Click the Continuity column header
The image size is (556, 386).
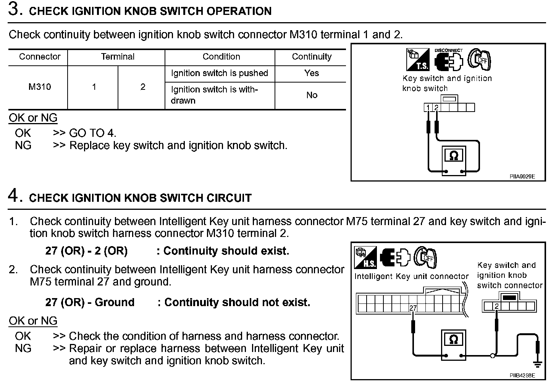pyautogui.click(x=312, y=57)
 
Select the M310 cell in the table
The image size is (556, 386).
pyautogui.click(x=40, y=87)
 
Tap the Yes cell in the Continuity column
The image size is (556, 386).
pyautogui.click(x=312, y=73)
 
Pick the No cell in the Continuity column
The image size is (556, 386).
pyautogui.click(x=312, y=95)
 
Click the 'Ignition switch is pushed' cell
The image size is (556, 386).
pyautogui.click(x=220, y=73)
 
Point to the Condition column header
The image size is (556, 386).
pyautogui.click(x=221, y=57)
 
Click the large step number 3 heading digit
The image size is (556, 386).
pyautogui.click(x=14, y=10)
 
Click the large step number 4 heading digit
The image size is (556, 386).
pyautogui.click(x=14, y=196)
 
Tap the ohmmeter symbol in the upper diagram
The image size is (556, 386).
pyautogui.click(x=454, y=156)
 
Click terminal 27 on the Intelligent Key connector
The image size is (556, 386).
pyautogui.click(x=413, y=308)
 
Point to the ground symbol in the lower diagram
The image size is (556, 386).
pyautogui.click(x=537, y=364)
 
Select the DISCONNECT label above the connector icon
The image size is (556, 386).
pyautogui.click(x=448, y=50)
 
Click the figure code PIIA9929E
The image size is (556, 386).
pyautogui.click(x=522, y=177)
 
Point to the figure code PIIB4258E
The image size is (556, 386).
pyautogui.click(x=522, y=376)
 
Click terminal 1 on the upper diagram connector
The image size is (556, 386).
pyautogui.click(x=428, y=108)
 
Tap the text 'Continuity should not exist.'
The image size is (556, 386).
pyautogui.click(x=237, y=302)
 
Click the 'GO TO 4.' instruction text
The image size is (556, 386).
pyautogui.click(x=92, y=133)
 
